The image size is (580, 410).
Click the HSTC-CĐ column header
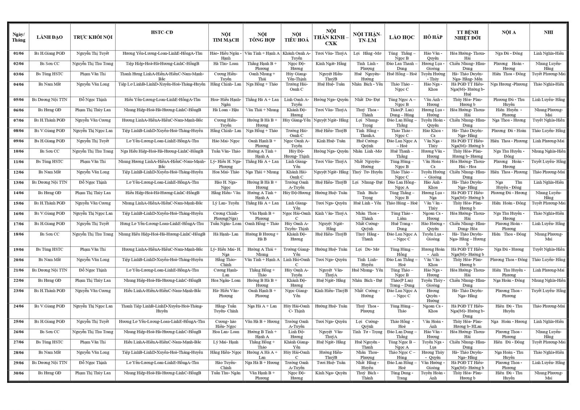(162, 32)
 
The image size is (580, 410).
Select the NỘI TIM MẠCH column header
(225, 37)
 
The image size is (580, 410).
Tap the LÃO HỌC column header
(402, 37)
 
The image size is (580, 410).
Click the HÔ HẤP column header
(432, 37)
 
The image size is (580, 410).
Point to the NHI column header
(548, 32)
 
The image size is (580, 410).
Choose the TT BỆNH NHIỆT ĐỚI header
(467, 35)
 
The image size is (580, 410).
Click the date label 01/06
(18, 54)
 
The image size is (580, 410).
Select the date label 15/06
(18, 203)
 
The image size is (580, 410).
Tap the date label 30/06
(18, 373)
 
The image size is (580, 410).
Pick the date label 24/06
(18, 306)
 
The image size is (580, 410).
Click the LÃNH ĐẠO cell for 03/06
(50, 74)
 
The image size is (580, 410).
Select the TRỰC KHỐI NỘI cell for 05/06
(93, 100)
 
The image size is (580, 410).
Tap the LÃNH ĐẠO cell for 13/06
(50, 183)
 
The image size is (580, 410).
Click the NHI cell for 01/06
(548, 54)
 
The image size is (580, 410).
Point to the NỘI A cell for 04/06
(509, 84)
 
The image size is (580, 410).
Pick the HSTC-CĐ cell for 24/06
(162, 308)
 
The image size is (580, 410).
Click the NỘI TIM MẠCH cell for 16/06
(225, 216)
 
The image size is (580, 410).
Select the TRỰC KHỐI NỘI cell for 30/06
(93, 373)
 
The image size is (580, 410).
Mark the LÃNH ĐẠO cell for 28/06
(50, 352)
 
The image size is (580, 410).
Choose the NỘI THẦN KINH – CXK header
(331, 37)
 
